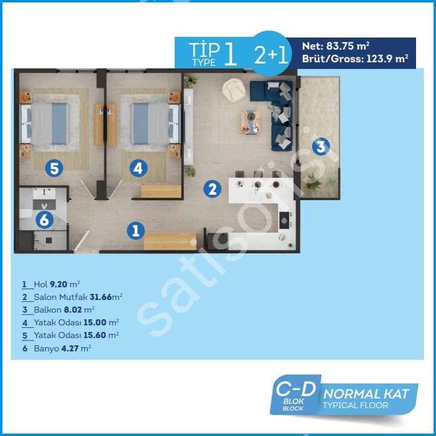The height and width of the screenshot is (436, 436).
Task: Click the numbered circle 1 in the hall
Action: click(135, 230)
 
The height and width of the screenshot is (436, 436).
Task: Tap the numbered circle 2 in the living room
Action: click(212, 189)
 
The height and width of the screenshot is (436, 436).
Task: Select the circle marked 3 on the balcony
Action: click(321, 146)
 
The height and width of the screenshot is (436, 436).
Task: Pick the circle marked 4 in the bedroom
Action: click(138, 168)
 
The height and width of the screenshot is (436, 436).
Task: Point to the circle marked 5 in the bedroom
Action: click(54, 168)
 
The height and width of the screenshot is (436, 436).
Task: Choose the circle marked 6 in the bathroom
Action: click(45, 220)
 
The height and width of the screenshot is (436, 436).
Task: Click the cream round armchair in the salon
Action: click(234, 89)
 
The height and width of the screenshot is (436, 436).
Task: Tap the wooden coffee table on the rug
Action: click(251, 122)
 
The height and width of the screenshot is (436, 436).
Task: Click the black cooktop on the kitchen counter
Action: click(284, 220)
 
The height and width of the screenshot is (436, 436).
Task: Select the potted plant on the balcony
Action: click(314, 182)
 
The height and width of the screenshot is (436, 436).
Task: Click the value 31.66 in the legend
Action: click(100, 297)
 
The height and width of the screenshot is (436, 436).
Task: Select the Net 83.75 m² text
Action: click(336, 46)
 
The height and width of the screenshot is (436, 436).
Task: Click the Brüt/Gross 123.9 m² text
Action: click(355, 59)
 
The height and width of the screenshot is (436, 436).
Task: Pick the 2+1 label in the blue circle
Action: click(271, 54)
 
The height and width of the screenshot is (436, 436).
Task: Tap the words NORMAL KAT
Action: click(366, 394)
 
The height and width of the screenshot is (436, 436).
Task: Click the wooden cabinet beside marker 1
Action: click(170, 241)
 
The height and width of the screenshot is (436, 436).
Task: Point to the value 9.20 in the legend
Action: click(59, 284)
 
